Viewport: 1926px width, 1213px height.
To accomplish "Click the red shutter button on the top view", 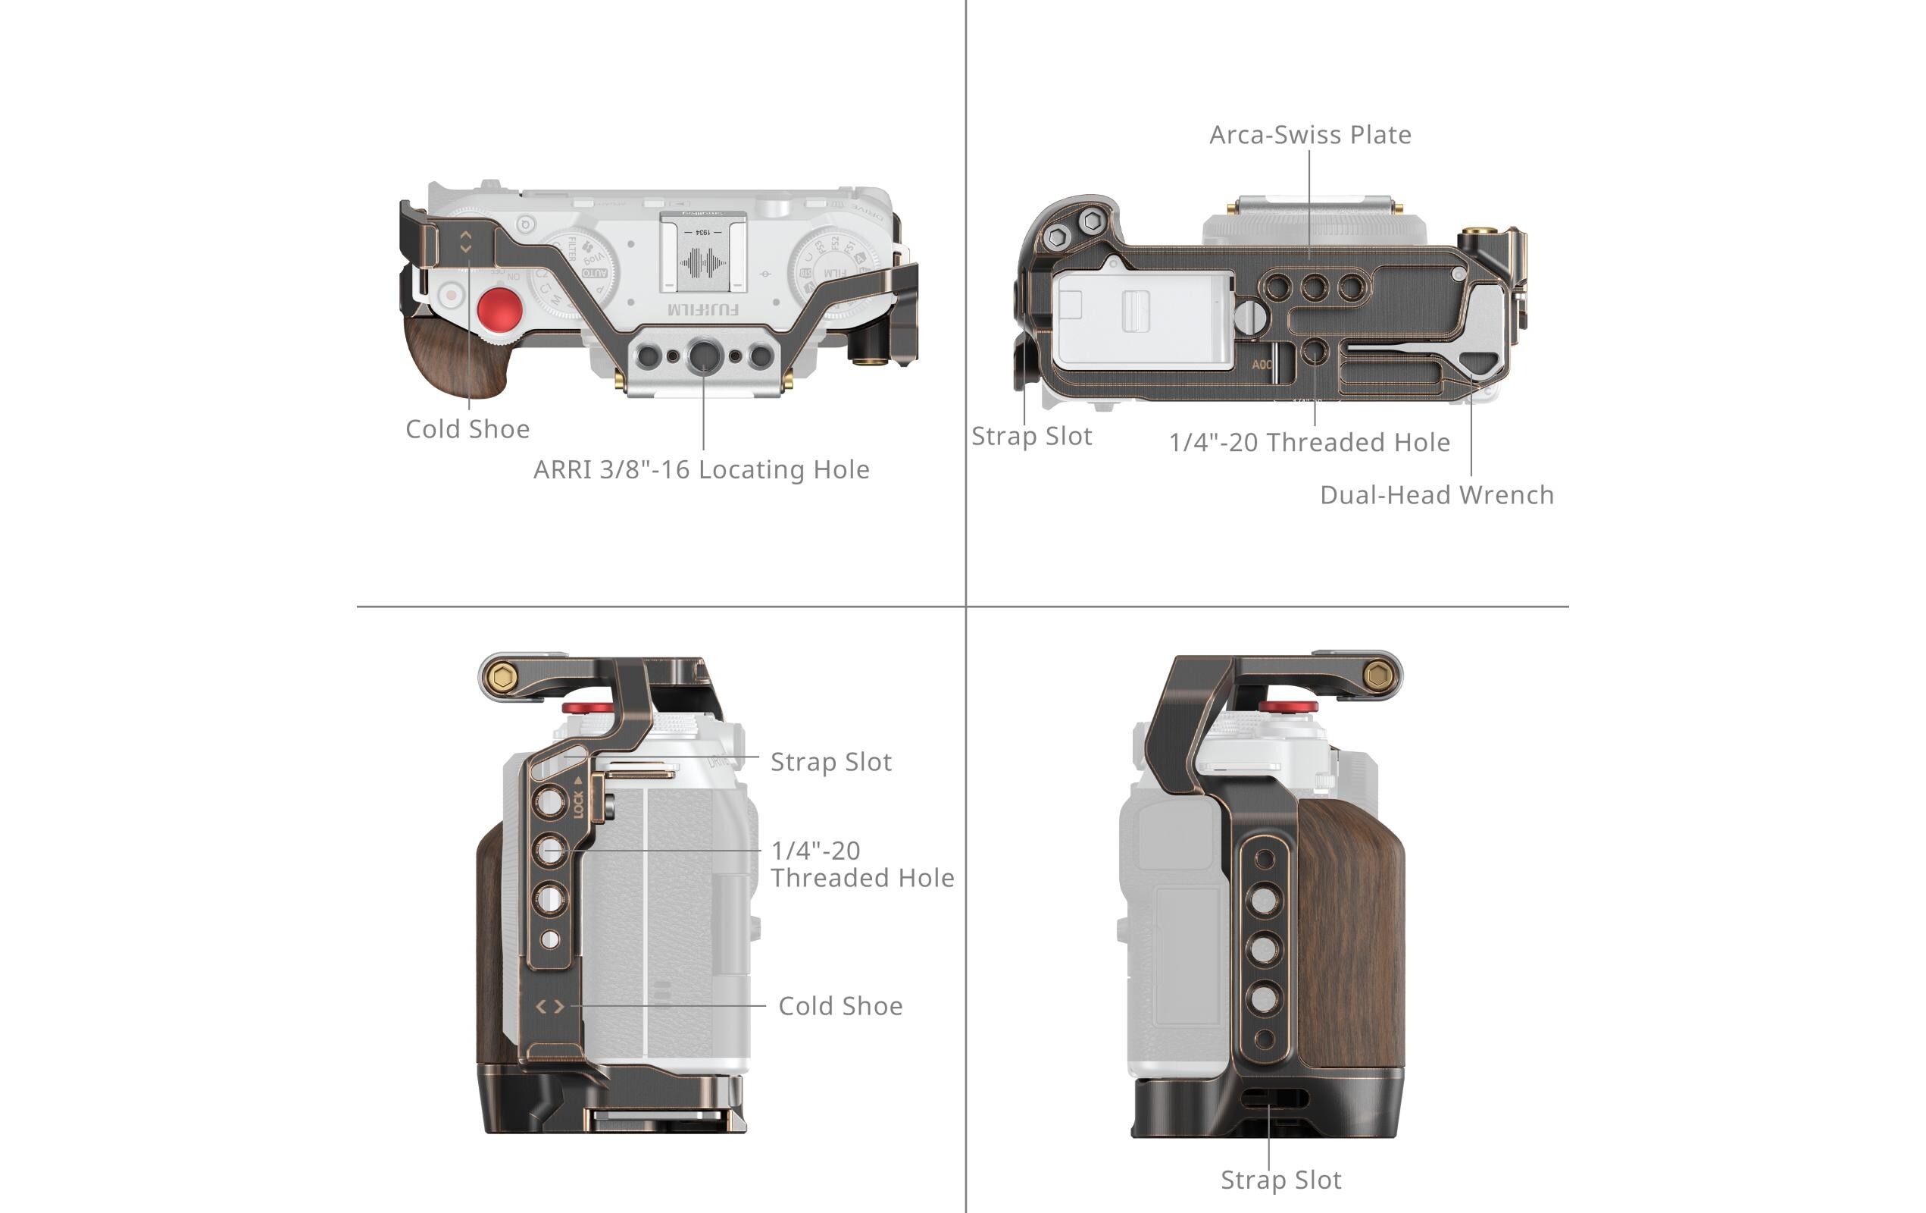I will click(500, 309).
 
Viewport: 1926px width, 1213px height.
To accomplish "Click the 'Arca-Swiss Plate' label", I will click(1309, 134).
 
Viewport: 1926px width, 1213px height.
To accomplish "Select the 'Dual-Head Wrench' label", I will click(1437, 494).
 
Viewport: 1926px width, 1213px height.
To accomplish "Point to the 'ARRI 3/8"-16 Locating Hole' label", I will click(701, 469).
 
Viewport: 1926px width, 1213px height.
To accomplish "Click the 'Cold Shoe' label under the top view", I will click(467, 429).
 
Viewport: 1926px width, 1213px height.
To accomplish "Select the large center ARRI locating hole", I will click(703, 355).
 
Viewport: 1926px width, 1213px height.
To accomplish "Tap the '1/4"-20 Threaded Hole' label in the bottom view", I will click(1308, 442).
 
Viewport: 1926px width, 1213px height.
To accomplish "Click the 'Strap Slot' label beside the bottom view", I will click(1031, 436).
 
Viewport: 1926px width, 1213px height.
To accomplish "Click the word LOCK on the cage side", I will click(577, 803).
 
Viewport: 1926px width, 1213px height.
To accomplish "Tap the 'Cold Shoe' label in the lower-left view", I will click(839, 1006).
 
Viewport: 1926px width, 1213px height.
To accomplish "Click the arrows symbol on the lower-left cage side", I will click(549, 1007).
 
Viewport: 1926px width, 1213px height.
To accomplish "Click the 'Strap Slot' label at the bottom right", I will click(1280, 1180).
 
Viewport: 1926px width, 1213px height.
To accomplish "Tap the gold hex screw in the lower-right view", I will click(1377, 676).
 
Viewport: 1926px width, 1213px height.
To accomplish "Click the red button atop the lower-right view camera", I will click(1287, 707).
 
